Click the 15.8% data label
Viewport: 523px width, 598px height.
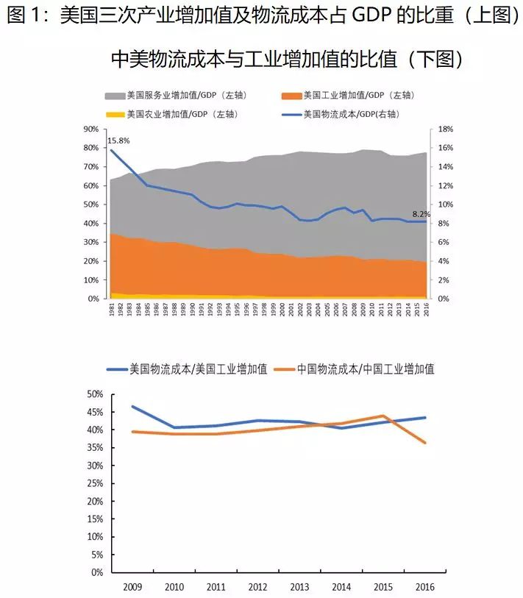(118, 140)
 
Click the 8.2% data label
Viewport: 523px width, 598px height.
(421, 214)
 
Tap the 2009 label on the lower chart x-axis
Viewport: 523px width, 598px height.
(132, 588)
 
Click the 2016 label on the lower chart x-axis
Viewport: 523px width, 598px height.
(424, 588)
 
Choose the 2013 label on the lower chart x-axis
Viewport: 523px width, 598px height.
(299, 588)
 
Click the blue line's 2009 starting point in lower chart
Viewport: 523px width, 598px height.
(132, 406)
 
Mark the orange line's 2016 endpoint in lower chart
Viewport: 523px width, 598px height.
(424, 443)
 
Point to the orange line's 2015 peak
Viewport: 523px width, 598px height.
(383, 416)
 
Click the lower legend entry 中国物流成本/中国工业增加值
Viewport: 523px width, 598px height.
(366, 369)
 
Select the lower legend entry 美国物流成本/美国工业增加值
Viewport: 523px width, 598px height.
(197, 369)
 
